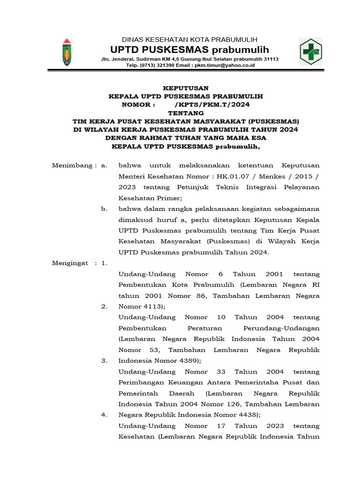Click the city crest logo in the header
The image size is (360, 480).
(x=67, y=52)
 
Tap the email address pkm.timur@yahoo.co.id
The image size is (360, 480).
(x=226, y=66)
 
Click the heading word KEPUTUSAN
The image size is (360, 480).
(x=186, y=88)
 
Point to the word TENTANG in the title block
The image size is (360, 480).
(x=186, y=113)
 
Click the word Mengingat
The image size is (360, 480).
(x=70, y=263)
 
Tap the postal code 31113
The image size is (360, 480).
(x=270, y=59)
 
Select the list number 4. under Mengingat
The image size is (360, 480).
(x=104, y=415)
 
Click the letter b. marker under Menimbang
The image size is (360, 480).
(x=104, y=209)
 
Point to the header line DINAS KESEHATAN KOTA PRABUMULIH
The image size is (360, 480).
(x=189, y=39)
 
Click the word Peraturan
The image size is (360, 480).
(x=204, y=328)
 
